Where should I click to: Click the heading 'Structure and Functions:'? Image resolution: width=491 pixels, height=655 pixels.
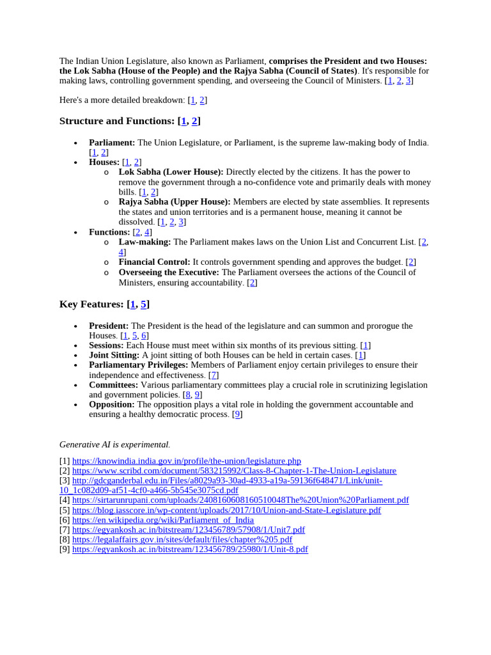tap(117, 121)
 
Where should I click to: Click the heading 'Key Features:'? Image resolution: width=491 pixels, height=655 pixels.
tap(91, 304)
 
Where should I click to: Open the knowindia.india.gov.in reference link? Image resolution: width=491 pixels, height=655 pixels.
tap(186, 461)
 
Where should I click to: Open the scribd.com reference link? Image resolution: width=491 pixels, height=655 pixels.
tap(234, 471)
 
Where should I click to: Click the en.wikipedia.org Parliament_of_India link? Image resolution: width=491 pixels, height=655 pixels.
tap(162, 520)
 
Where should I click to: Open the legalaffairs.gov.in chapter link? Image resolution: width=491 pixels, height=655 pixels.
tap(182, 540)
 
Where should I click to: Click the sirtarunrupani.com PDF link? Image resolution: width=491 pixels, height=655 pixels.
tap(240, 500)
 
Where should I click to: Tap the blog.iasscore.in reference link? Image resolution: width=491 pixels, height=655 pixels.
tap(226, 510)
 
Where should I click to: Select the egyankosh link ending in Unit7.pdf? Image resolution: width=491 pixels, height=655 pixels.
tap(188, 530)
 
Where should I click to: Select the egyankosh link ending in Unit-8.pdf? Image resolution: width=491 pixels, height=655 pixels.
tap(190, 549)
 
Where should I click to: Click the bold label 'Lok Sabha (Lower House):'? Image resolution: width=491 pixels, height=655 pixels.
tap(171, 172)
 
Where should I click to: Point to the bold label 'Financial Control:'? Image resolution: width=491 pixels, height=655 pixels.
tap(154, 262)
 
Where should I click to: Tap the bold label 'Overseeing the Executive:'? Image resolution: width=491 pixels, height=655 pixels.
tap(169, 272)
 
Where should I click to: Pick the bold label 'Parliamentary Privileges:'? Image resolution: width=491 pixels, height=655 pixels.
tap(138, 365)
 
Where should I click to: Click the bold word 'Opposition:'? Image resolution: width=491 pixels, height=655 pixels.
tap(112, 404)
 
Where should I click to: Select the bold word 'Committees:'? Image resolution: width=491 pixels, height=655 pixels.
tap(113, 385)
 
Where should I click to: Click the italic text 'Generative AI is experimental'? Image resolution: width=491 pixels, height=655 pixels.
tap(114, 444)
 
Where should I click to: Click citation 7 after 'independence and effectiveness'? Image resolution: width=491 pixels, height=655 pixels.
tap(214, 375)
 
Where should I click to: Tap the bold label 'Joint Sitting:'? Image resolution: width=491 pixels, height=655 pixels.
tap(114, 355)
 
